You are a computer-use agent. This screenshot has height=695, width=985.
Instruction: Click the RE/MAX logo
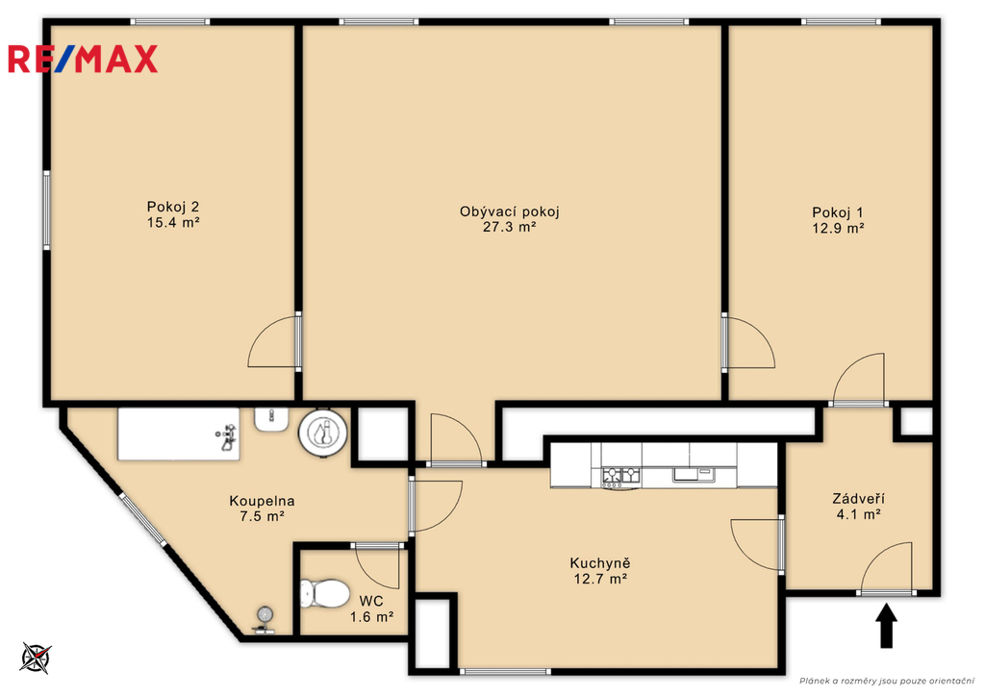[83, 59]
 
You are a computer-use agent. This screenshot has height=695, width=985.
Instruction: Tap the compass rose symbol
[36, 658]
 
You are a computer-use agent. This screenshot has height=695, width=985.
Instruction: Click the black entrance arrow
[886, 626]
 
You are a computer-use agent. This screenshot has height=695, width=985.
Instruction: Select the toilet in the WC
[324, 593]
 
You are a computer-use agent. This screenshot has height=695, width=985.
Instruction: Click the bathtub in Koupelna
[179, 434]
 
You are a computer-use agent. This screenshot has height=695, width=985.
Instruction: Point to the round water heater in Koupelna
[323, 432]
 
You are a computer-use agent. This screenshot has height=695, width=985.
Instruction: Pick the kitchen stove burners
[620, 477]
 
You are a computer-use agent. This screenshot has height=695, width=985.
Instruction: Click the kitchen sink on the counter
[694, 474]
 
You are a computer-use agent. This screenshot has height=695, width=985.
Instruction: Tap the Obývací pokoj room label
[510, 211]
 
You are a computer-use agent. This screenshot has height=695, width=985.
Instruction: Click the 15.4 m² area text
[173, 222]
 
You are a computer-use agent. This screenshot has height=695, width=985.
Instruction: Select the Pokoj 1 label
[838, 212]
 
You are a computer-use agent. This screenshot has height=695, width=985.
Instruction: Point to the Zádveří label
[859, 499]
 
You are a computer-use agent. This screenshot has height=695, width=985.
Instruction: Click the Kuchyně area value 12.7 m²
[600, 579]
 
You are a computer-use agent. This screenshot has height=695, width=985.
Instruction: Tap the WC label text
[371, 602]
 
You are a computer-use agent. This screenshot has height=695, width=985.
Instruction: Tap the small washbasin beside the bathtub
[271, 419]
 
